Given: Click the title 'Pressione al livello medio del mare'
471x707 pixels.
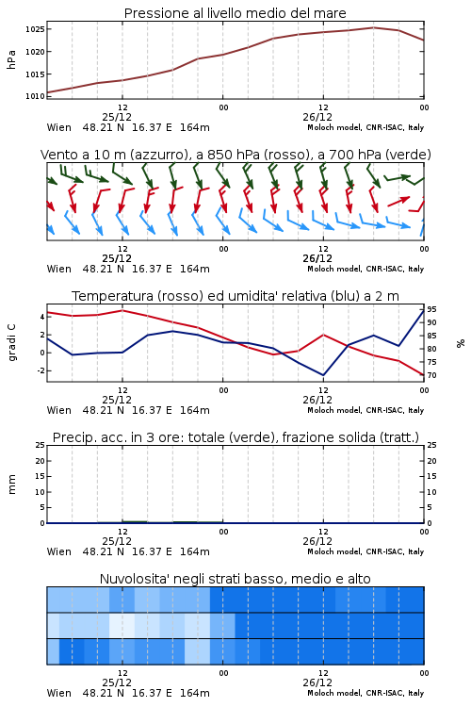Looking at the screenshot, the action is (235, 13).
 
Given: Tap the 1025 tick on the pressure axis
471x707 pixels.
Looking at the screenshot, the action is (35, 29).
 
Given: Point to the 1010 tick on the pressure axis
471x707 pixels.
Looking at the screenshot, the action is (35, 96).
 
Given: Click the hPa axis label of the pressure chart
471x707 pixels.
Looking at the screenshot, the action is (11, 59).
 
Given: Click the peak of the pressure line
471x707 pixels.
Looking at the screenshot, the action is (374, 27).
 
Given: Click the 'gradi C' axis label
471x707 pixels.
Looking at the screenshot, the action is (12, 342).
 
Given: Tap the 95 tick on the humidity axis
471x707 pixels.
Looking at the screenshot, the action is (431, 309).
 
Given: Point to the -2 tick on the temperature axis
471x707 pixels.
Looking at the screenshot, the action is (41, 370).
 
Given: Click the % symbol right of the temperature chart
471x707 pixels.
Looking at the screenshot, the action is (461, 343).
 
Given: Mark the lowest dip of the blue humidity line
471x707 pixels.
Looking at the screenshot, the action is (323, 375).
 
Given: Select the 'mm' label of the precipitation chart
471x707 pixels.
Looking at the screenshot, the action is (11, 485).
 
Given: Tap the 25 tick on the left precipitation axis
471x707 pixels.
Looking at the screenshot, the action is (41, 445).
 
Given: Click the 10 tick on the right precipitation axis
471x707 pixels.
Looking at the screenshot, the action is (431, 492).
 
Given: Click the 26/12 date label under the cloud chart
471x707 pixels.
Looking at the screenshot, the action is (317, 682).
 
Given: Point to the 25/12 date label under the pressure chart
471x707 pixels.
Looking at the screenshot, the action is (117, 117).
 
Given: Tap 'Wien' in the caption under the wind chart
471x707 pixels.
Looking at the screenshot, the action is (59, 269).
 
